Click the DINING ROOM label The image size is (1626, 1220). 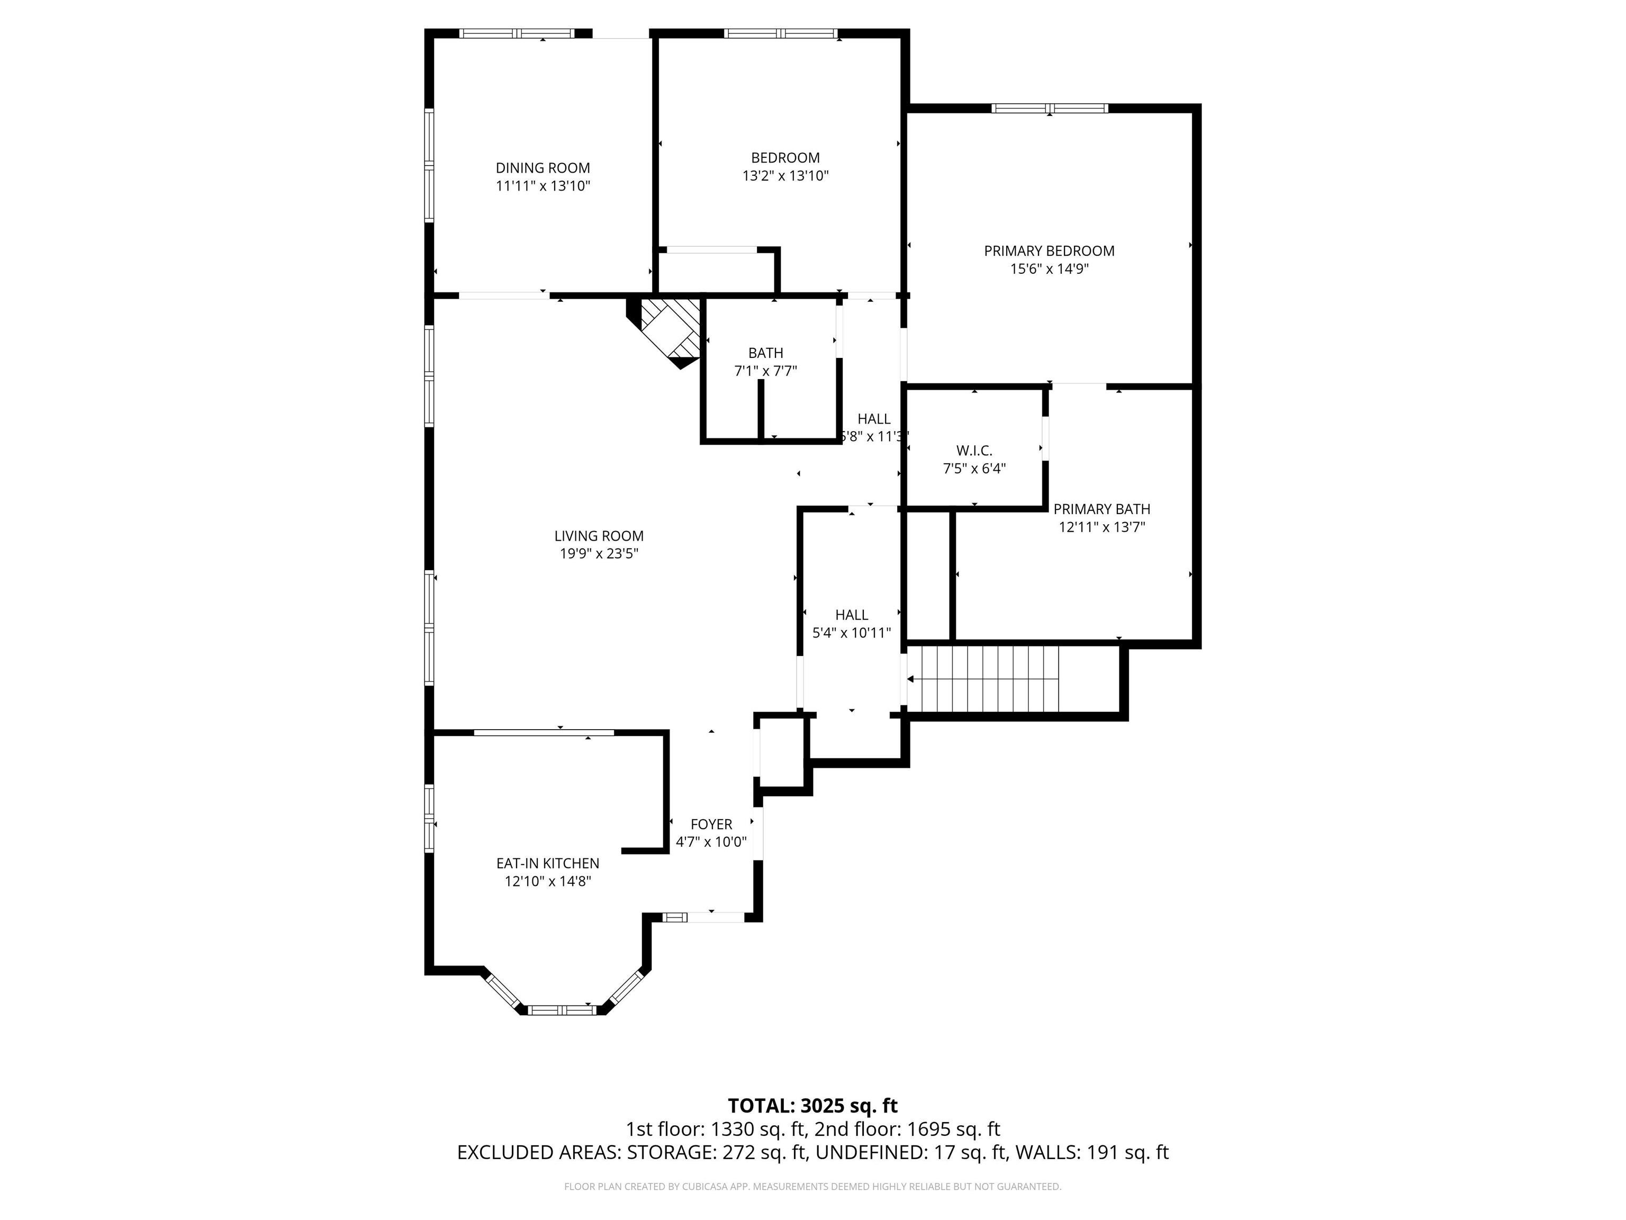pyautogui.click(x=543, y=168)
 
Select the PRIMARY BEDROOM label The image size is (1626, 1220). pyautogui.click(x=1049, y=251)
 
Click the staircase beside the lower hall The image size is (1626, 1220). pyautogui.click(x=983, y=679)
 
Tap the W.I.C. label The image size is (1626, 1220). pyautogui.click(x=974, y=450)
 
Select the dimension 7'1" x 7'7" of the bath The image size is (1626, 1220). pyautogui.click(x=765, y=371)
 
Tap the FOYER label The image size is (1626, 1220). pyautogui.click(x=711, y=824)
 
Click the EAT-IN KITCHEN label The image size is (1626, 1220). pyautogui.click(x=548, y=863)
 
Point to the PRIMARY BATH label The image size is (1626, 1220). pyautogui.click(x=1101, y=509)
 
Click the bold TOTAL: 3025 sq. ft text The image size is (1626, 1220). pyautogui.click(x=812, y=1105)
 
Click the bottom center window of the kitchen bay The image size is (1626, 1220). pyautogui.click(x=562, y=1010)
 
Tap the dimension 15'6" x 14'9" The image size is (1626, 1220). pyautogui.click(x=1049, y=269)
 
